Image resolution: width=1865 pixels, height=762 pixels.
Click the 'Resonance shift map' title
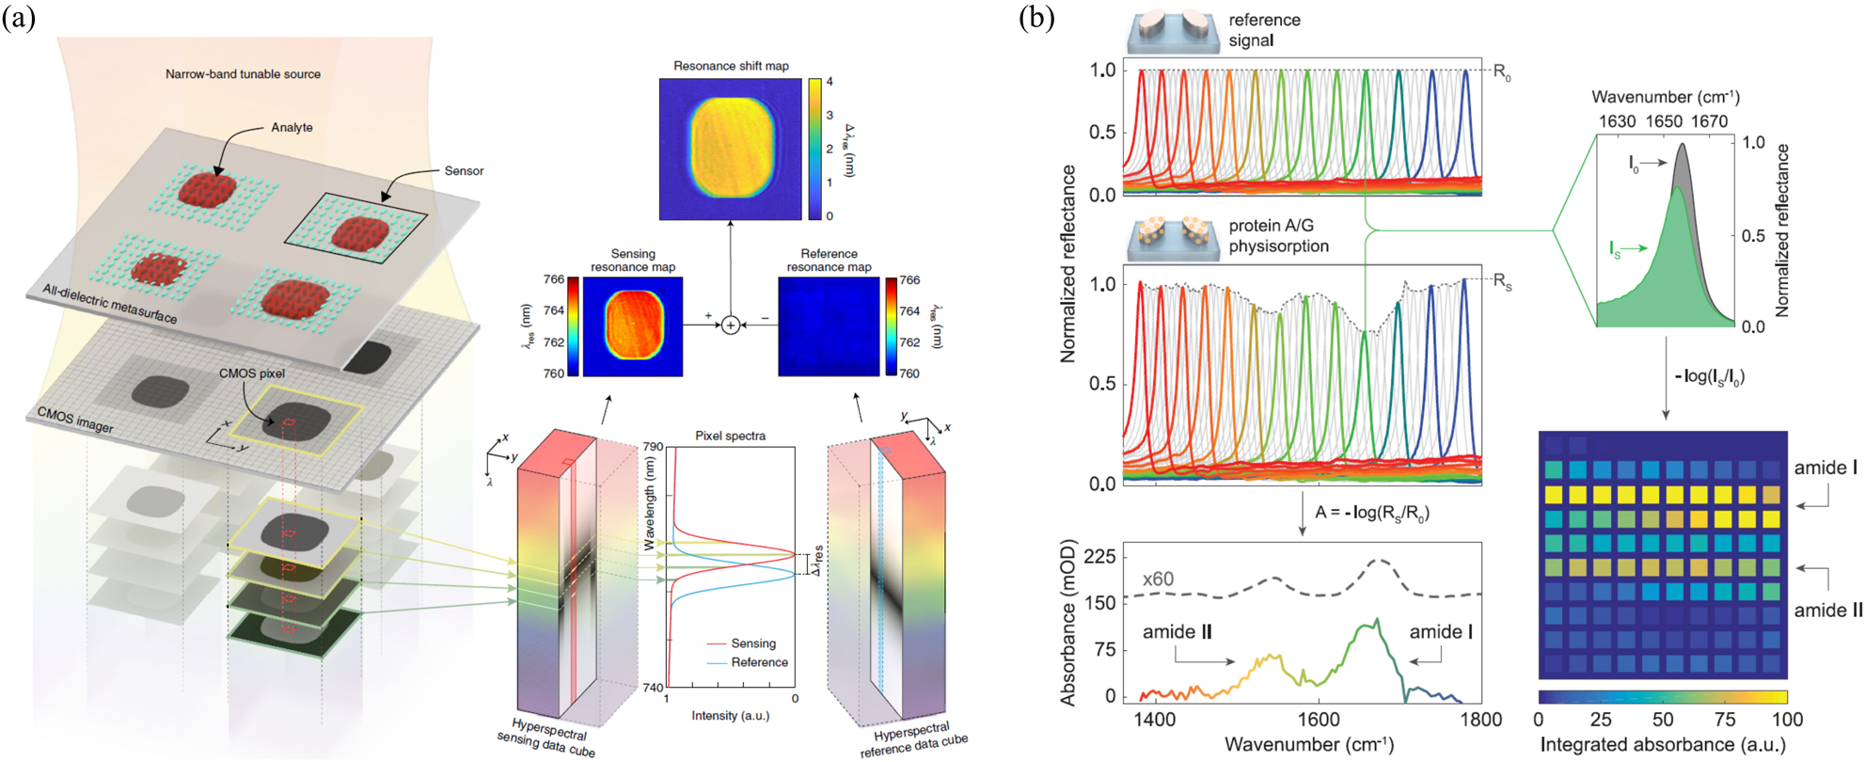tap(731, 66)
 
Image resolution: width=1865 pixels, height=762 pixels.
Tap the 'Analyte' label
tap(292, 127)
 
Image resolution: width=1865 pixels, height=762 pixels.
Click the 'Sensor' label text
tap(464, 171)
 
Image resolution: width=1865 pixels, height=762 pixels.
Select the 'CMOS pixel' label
tap(252, 373)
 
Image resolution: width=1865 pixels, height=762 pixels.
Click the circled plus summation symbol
tap(731, 325)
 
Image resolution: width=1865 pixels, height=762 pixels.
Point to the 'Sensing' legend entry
tap(752, 643)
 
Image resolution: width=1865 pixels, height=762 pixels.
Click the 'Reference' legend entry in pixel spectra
tap(759, 662)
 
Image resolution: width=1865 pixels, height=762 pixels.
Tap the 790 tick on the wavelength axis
tap(653, 447)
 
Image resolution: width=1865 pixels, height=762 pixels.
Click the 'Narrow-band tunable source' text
tap(243, 74)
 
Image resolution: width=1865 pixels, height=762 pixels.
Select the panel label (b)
tap(1036, 18)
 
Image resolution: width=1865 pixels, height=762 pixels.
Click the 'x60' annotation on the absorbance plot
tap(1158, 579)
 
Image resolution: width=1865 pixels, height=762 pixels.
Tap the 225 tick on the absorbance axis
tap(1099, 557)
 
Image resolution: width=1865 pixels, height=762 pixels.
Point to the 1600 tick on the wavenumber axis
tap(1319, 720)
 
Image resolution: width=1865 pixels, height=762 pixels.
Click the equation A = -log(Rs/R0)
tap(1371, 513)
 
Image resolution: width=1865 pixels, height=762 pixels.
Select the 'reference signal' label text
tap(1264, 30)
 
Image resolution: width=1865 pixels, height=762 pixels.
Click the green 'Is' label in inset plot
tap(1615, 249)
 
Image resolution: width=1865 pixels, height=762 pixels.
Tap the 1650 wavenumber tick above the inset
tap(1663, 121)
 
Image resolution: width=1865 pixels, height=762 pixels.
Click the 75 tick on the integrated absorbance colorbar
tap(1725, 720)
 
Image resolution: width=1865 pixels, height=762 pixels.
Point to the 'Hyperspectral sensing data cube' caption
tap(546, 738)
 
